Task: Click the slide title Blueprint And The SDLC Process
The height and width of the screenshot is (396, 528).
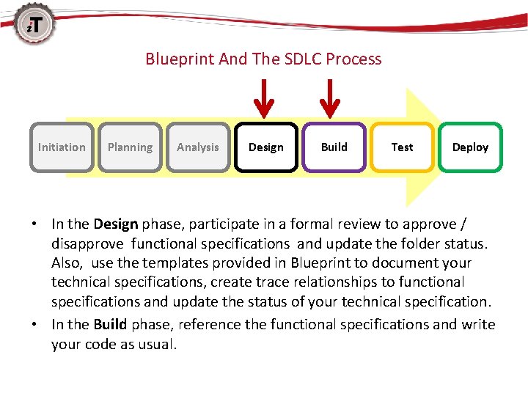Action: pyautogui.click(x=263, y=59)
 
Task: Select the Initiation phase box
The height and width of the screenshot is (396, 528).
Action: pyautogui.click(x=62, y=147)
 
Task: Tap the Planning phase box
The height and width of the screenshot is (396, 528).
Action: pyautogui.click(x=130, y=147)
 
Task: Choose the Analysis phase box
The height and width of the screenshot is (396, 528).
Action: pyautogui.click(x=198, y=147)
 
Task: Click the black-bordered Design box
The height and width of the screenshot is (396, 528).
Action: pyautogui.click(x=266, y=147)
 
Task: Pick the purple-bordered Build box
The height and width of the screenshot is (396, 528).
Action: pyautogui.click(x=334, y=147)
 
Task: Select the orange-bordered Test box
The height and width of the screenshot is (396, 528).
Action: pyautogui.click(x=402, y=147)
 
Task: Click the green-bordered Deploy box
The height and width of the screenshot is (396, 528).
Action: pyautogui.click(x=470, y=147)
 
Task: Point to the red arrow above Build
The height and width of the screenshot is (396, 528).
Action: pyautogui.click(x=331, y=98)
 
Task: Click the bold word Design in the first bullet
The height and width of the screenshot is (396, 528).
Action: pyautogui.click(x=116, y=224)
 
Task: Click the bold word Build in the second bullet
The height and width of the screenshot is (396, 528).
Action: pyautogui.click(x=109, y=324)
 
